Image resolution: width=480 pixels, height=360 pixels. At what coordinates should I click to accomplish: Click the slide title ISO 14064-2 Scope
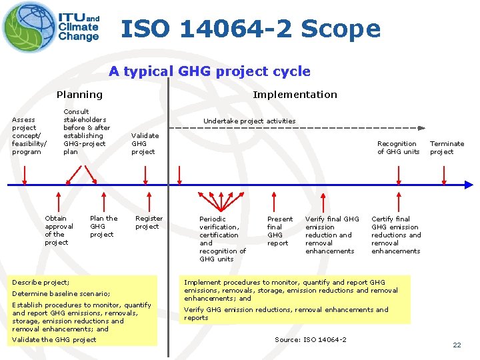251,29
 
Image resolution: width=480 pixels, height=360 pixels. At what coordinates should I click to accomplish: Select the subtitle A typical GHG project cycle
209,71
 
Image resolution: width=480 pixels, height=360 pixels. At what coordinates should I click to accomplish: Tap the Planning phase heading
79,95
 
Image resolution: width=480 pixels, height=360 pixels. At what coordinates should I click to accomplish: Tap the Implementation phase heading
295,95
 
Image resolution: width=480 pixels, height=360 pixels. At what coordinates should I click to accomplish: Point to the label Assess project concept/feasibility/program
29,135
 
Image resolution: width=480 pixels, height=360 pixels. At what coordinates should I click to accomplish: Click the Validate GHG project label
145,143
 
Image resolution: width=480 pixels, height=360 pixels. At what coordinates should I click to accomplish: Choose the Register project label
149,223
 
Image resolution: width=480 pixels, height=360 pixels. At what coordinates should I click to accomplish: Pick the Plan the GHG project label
103,226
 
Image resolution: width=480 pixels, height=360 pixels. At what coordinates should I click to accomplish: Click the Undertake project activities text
249,121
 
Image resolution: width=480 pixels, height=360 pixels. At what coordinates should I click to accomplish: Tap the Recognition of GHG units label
398,147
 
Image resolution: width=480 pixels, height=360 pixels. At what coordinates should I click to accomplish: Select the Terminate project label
447,147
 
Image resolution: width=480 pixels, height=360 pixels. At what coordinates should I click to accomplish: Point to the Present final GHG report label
279,231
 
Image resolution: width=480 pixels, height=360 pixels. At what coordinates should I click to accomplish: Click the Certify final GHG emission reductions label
396,235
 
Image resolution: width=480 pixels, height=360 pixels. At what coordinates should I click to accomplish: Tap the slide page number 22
457,345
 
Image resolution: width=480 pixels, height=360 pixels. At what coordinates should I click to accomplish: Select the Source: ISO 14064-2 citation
311,340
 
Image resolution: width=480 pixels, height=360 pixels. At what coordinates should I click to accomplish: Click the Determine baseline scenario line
61,293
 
